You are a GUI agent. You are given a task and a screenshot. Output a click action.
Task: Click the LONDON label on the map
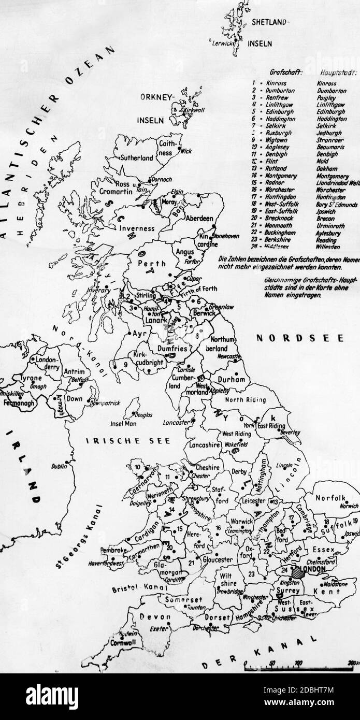click(311, 569)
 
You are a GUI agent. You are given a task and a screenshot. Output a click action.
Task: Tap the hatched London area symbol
click(297, 572)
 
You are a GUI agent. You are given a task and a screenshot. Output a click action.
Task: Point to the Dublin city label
click(59, 466)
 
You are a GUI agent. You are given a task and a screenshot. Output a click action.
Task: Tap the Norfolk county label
click(330, 498)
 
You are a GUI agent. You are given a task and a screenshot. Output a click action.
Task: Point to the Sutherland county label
click(137, 157)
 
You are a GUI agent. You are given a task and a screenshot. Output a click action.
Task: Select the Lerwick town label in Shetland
click(224, 44)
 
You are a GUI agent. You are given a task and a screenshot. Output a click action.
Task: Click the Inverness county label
click(137, 228)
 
